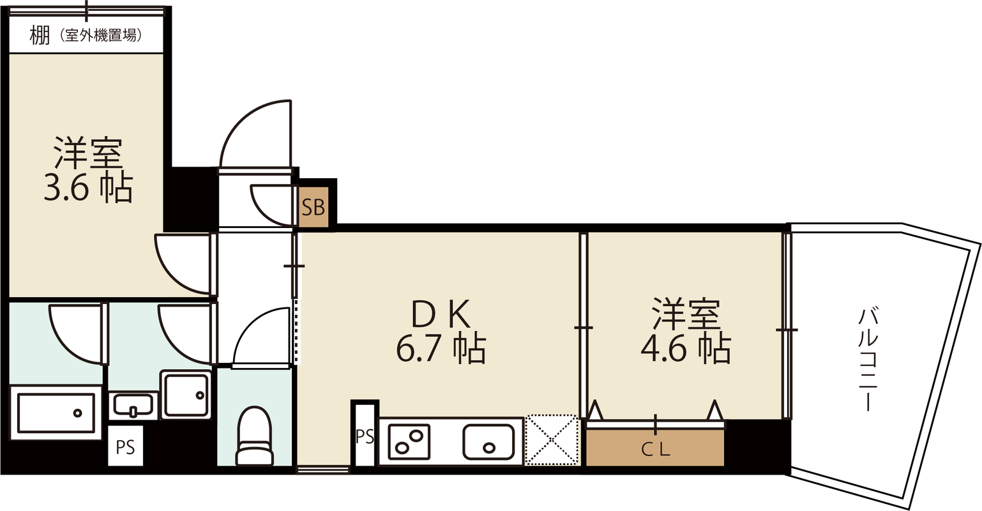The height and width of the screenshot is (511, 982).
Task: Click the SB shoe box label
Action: [313, 207]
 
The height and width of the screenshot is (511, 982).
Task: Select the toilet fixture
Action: [255, 436]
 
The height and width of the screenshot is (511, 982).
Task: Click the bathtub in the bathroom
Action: [56, 413]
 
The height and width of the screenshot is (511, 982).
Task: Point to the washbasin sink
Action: [133, 405]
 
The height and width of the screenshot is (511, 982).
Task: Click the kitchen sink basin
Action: [489, 442]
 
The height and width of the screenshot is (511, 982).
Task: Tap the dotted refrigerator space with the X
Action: [552, 440]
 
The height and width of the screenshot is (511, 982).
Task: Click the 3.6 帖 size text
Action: [88, 188]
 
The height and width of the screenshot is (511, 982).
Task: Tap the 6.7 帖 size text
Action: [441, 349]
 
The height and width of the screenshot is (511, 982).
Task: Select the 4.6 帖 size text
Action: [685, 349]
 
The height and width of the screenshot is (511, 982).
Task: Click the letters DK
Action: [441, 314]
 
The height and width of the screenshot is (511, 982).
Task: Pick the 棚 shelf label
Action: [40, 36]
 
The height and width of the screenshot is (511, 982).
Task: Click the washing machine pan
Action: [186, 395]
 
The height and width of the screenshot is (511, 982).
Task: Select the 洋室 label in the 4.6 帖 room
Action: [686, 314]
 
